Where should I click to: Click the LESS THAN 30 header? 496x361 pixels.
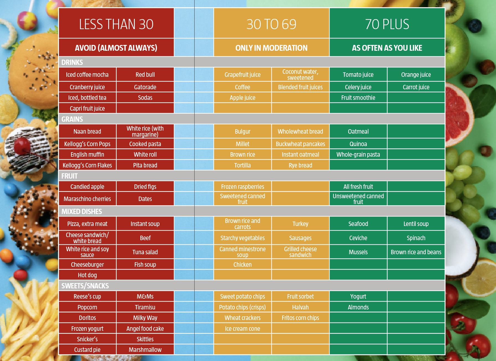[116, 24]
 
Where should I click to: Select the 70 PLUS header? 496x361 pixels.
[387, 24]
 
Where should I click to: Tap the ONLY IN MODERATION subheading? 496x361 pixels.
[271, 48]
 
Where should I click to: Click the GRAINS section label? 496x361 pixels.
[72, 119]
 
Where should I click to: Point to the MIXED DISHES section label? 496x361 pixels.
[82, 212]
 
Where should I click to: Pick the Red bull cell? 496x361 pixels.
[145, 75]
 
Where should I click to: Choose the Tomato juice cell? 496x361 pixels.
[358, 75]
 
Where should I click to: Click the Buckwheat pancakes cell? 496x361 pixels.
[300, 144]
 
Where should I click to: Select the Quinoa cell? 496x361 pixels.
[358, 144]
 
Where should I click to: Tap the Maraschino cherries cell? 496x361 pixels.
[87, 199]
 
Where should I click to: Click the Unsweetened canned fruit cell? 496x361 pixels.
[358, 199]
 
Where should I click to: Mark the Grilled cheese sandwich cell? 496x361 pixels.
[300, 252]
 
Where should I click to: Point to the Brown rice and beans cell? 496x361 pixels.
[416, 252]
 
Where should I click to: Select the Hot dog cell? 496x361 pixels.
[87, 275]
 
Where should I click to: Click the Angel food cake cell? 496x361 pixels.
[145, 329]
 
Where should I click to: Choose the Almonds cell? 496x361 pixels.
[358, 307]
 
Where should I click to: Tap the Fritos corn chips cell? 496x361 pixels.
[300, 318]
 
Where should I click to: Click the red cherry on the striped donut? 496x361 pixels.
[22, 145]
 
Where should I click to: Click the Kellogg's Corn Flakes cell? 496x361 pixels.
[87, 165]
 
